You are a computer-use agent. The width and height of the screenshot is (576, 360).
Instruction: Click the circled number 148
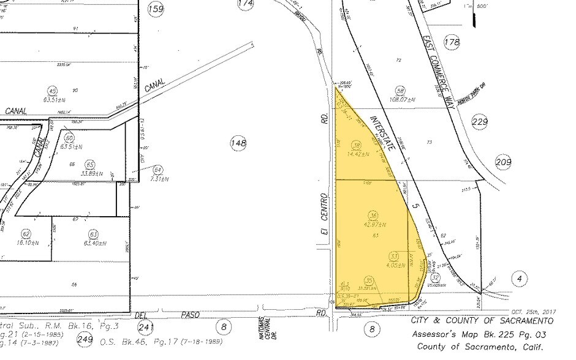pyautogui.click(x=238, y=143)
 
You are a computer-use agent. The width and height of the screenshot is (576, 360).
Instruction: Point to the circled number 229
pyautogui.click(x=480, y=122)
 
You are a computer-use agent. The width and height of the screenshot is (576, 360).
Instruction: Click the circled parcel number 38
pyautogui.click(x=357, y=145)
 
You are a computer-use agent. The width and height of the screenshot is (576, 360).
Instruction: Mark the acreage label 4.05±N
pyautogui.click(x=395, y=266)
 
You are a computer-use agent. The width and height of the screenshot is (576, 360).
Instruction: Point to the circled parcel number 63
pyautogui.click(x=93, y=233)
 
